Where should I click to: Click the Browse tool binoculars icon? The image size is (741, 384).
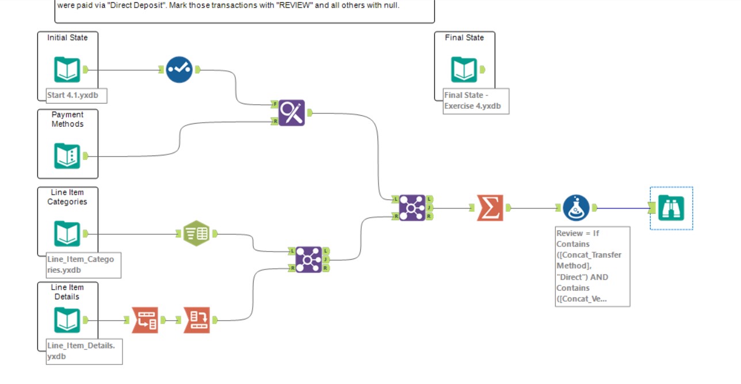[671, 208]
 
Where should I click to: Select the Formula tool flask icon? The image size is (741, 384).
[576, 208]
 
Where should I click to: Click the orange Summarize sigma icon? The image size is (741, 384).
[490, 208]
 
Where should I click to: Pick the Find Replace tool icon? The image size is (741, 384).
[292, 113]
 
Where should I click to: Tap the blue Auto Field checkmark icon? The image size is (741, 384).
[179, 70]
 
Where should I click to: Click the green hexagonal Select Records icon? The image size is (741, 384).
[196, 234]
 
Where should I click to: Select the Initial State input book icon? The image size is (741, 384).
[67, 70]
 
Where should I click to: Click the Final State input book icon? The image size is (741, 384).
[464, 70]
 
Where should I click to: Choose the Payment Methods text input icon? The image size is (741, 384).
[67, 156]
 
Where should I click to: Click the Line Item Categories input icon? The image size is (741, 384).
[67, 234]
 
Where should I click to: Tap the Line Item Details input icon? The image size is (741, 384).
[67, 320]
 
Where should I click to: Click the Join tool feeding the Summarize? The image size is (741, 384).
[412, 208]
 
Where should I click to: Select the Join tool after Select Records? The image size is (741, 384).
[308, 260]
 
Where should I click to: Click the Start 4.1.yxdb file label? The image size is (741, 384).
[77, 95]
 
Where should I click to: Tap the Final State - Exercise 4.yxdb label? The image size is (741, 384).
[476, 101]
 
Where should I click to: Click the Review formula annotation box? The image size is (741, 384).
[592, 266]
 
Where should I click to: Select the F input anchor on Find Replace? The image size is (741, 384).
[275, 104]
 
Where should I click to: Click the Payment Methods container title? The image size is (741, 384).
[67, 119]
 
